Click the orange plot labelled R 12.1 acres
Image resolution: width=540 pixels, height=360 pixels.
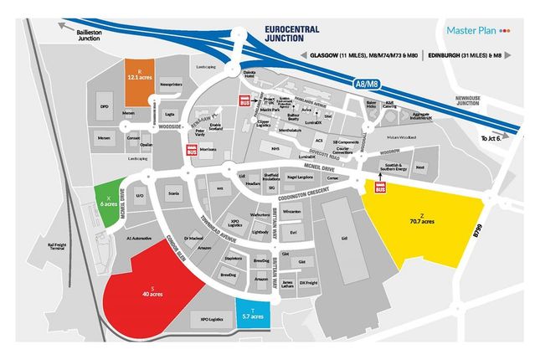click(138, 75)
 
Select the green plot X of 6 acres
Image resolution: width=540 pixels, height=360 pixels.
click(104, 200)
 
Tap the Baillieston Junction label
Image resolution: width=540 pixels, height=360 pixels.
click(93, 33)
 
